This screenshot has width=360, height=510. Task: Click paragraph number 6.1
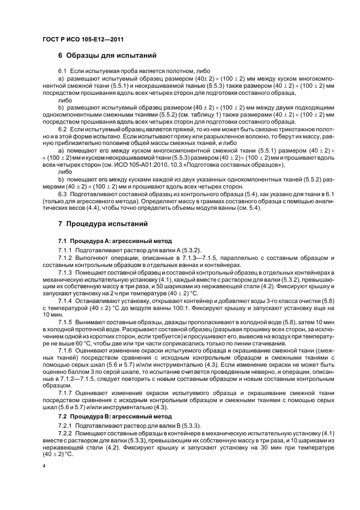coord(63,72)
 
